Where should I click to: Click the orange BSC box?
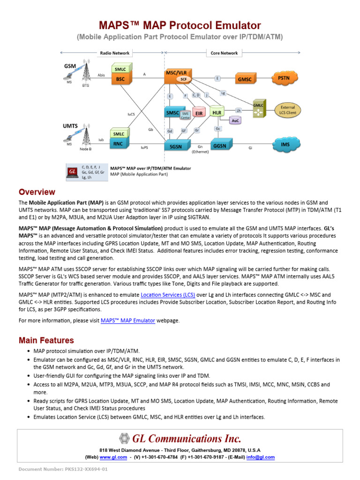[120, 79]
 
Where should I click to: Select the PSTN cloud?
[284, 78]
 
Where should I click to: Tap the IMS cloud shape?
[285, 144]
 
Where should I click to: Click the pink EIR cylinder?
[198, 113]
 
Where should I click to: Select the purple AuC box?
[235, 120]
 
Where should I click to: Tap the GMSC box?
[245, 80]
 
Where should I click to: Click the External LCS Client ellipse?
[287, 110]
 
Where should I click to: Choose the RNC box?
[118, 144]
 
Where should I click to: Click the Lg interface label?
[223, 93]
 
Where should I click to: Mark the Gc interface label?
[217, 128]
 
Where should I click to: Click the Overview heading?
[37, 192]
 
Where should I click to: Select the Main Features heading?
[46, 340]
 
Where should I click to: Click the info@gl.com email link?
[263, 457]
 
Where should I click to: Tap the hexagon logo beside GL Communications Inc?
[124, 439]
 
